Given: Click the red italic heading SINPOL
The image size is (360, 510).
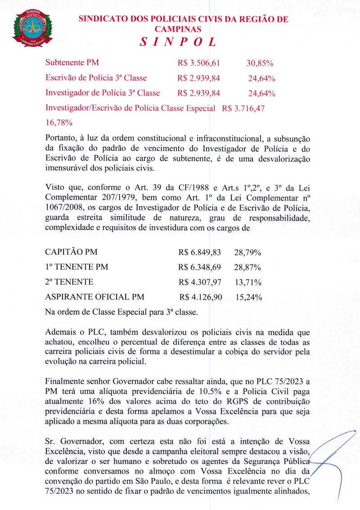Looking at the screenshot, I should point(179,42).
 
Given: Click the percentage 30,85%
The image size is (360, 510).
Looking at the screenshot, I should point(260,63).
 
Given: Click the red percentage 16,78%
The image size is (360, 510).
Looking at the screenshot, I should point(59,122).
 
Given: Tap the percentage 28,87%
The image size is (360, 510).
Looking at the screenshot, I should point(248,267).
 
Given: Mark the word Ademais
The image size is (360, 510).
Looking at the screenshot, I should point(62,332).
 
